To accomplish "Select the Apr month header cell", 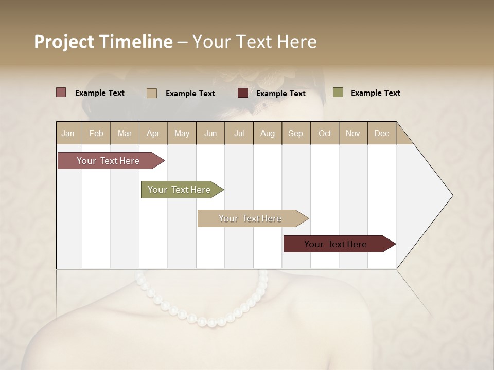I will pos(153,133).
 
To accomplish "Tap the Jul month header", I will pos(239,133).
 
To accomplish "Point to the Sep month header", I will pos(296,133).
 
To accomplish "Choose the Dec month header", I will pos(381,133).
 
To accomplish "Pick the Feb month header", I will pos(96,133).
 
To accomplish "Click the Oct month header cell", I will pos(325,133).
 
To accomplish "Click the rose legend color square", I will pos(61,92).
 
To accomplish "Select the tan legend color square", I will pos(151,93).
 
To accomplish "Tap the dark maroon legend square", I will pos(243,93).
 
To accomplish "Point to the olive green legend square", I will pos(338,92).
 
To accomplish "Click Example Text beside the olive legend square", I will pos(375,93).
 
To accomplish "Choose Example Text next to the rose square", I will pos(100,93).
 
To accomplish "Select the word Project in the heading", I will pos(63,42).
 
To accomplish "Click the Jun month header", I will pos(210,133).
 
